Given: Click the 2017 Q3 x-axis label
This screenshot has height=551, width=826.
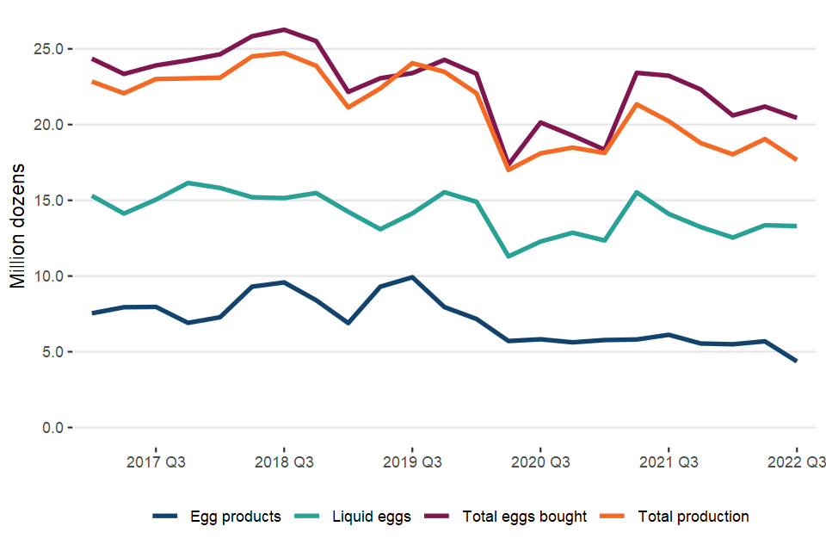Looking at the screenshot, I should pos(156,462).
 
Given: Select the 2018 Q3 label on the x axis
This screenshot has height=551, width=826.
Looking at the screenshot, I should pos(284,462).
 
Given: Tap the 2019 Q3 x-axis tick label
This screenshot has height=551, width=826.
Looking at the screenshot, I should pos(412,462).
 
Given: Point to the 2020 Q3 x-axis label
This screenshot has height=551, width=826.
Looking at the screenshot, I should pos(540,462).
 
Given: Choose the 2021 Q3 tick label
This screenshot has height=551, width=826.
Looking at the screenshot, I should pos(669,462).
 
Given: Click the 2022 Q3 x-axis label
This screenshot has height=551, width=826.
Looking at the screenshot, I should pos(796,462).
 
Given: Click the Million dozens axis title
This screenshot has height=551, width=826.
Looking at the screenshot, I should pos(18,226).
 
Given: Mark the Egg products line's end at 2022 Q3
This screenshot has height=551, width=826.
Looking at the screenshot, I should pos(797,362).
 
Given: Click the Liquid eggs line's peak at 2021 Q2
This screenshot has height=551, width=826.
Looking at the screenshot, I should pos(637,192).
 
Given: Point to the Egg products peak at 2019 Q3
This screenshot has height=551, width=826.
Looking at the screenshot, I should pos(412,277).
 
